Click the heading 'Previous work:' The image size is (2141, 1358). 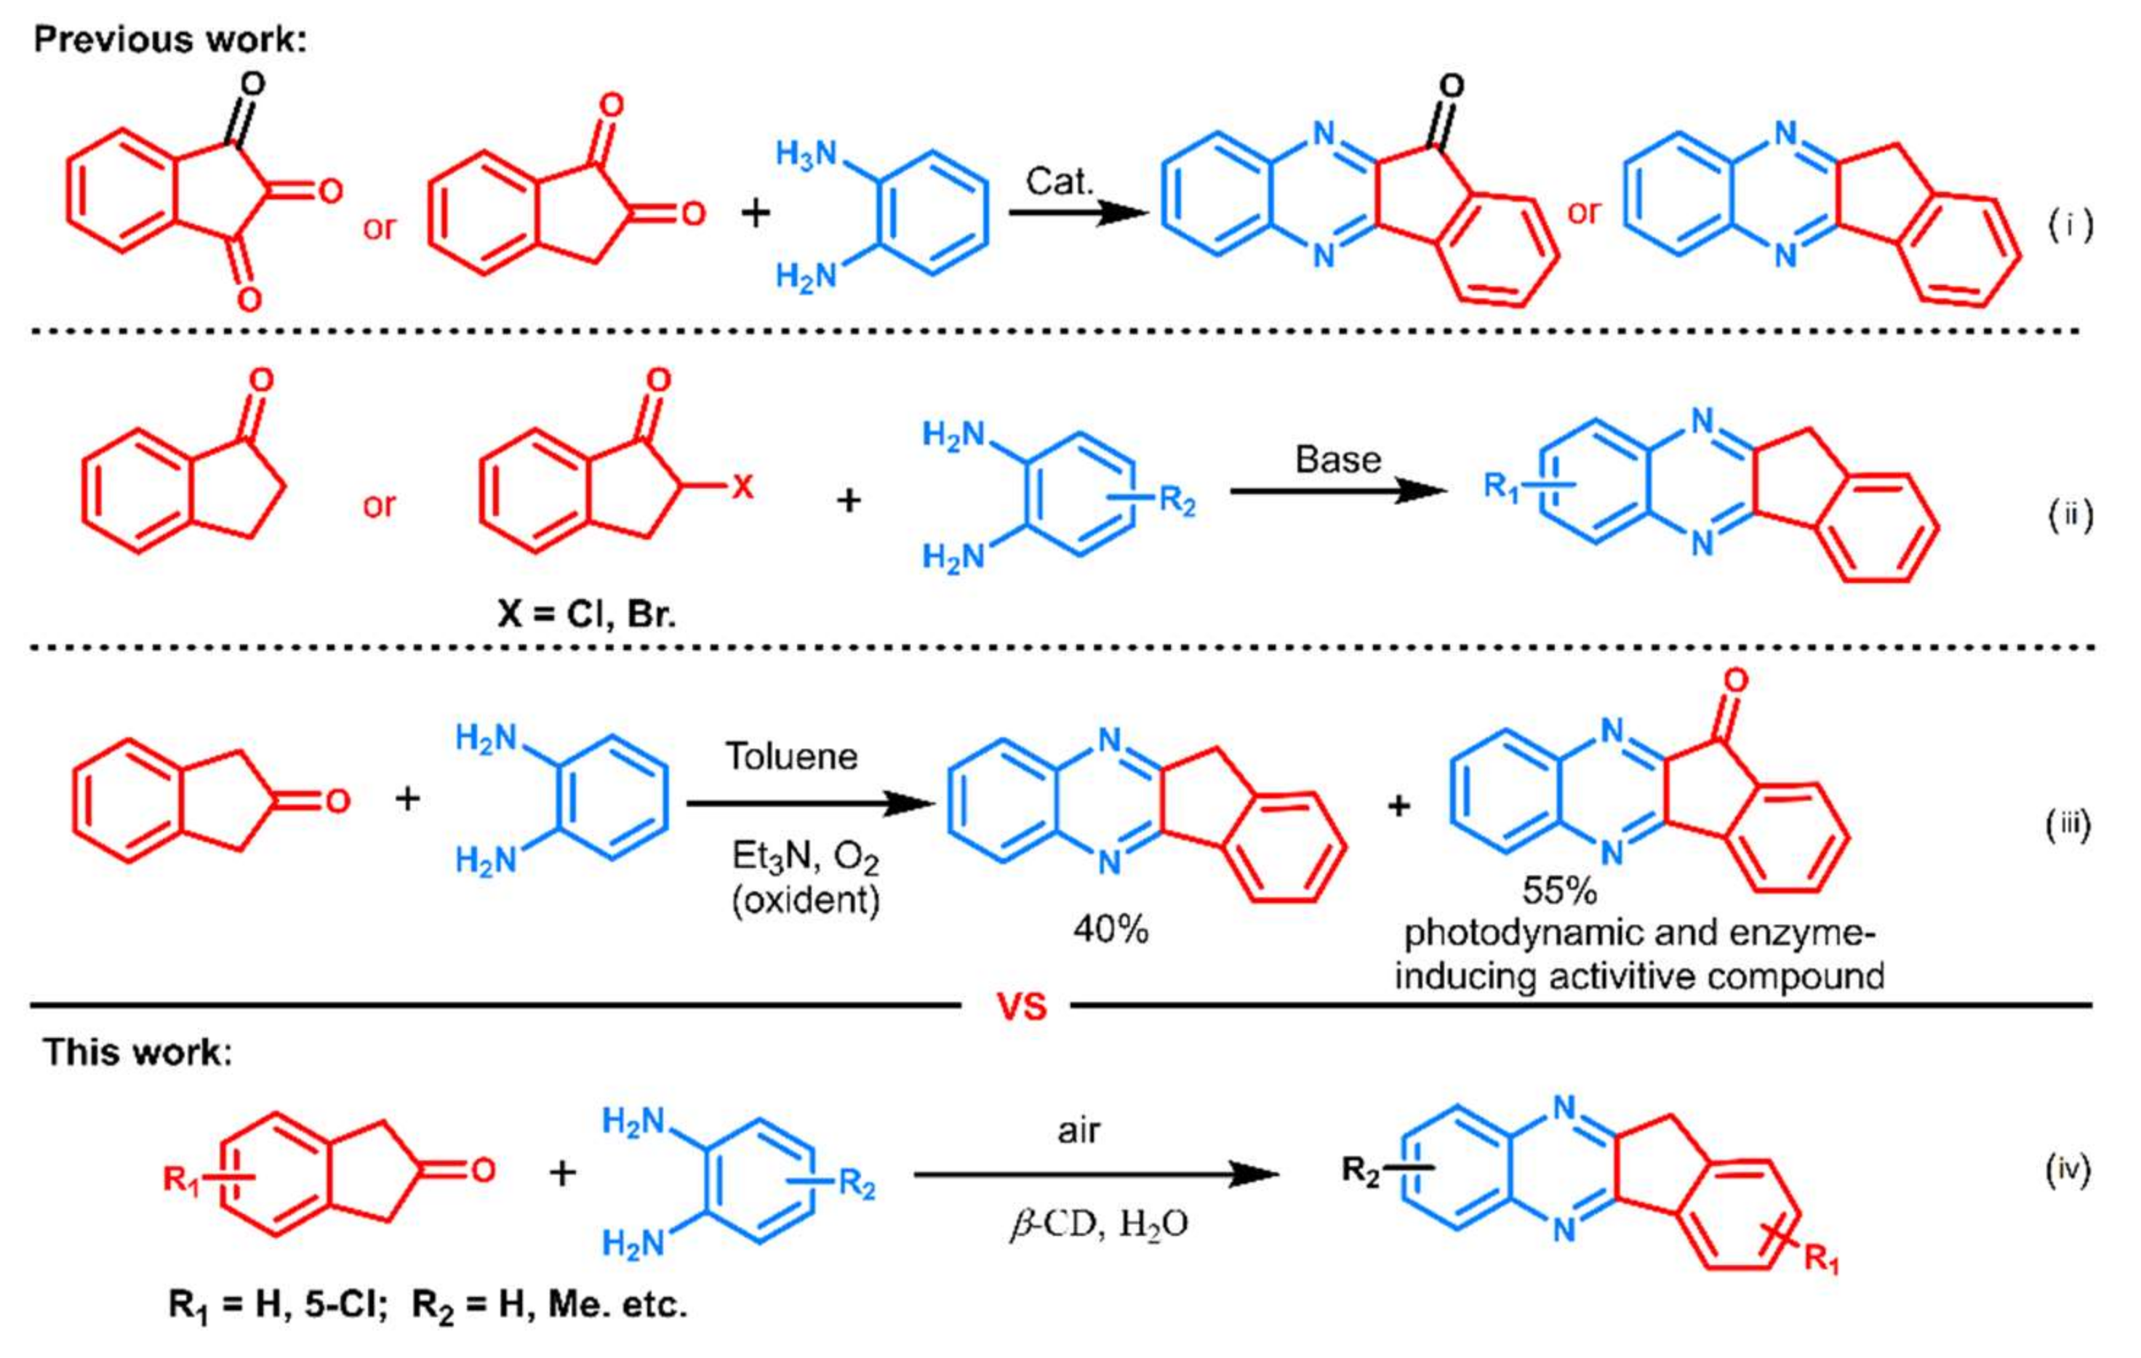169,40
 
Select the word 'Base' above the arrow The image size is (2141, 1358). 1337,459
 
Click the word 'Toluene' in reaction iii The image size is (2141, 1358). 791,756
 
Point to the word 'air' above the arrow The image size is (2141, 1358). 1078,1130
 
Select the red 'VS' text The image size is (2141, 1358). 1021,1007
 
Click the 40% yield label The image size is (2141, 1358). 1110,930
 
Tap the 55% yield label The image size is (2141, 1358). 1558,890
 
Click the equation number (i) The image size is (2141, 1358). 2070,226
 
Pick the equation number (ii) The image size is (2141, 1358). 2070,515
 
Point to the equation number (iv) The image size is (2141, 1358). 2068,1170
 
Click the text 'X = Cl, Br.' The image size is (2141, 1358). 587,614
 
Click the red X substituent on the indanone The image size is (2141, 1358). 742,486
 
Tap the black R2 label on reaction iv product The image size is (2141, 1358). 1361,1170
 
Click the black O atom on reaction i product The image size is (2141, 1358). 1451,87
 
